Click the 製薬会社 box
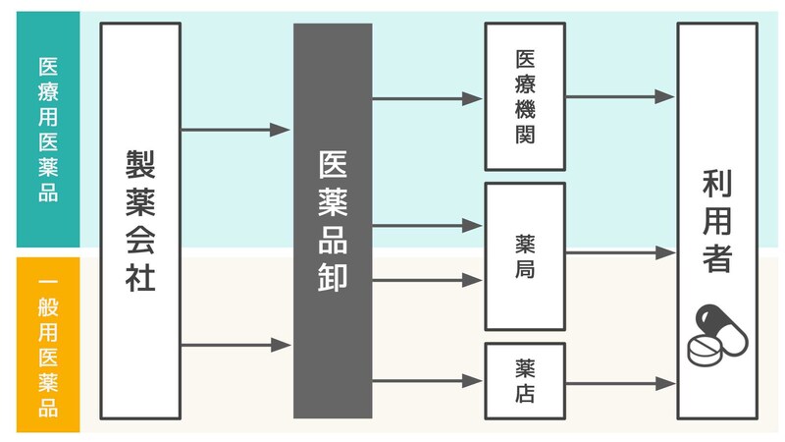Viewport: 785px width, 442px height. coord(140,221)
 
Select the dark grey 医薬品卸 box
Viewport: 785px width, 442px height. coord(333,221)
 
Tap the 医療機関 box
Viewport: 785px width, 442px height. coord(524,95)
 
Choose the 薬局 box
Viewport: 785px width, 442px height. coord(524,255)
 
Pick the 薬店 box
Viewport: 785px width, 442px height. coord(524,380)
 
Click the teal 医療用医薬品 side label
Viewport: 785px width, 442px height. coord(47,129)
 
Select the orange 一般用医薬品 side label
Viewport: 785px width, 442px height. coord(47,344)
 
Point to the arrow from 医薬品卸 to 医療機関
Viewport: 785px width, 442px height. coord(427,98)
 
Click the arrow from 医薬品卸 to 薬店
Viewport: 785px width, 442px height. coord(427,381)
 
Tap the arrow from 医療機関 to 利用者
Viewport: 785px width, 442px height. coord(620,96)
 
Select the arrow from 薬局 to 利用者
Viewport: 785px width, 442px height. coord(620,253)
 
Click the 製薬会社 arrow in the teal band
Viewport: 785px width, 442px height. coord(235,129)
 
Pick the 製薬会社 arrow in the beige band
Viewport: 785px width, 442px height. coord(235,345)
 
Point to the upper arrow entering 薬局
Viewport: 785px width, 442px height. coord(427,226)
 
